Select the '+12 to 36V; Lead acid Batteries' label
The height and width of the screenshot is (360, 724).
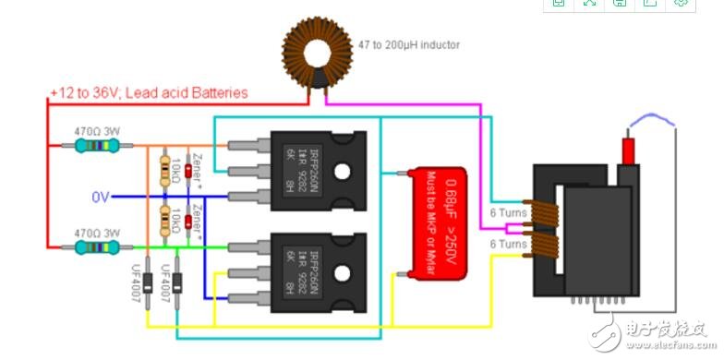click(x=150, y=92)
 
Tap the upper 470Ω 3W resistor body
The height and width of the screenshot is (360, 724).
click(x=95, y=145)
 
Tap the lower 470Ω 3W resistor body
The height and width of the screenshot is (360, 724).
click(x=95, y=246)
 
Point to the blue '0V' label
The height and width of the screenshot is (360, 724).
click(x=101, y=197)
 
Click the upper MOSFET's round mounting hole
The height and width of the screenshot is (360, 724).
click(x=343, y=172)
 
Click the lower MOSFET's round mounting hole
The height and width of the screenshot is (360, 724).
click(x=343, y=272)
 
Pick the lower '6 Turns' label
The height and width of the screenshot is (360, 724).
click(x=507, y=244)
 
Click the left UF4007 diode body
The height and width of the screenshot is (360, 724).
click(x=147, y=286)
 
